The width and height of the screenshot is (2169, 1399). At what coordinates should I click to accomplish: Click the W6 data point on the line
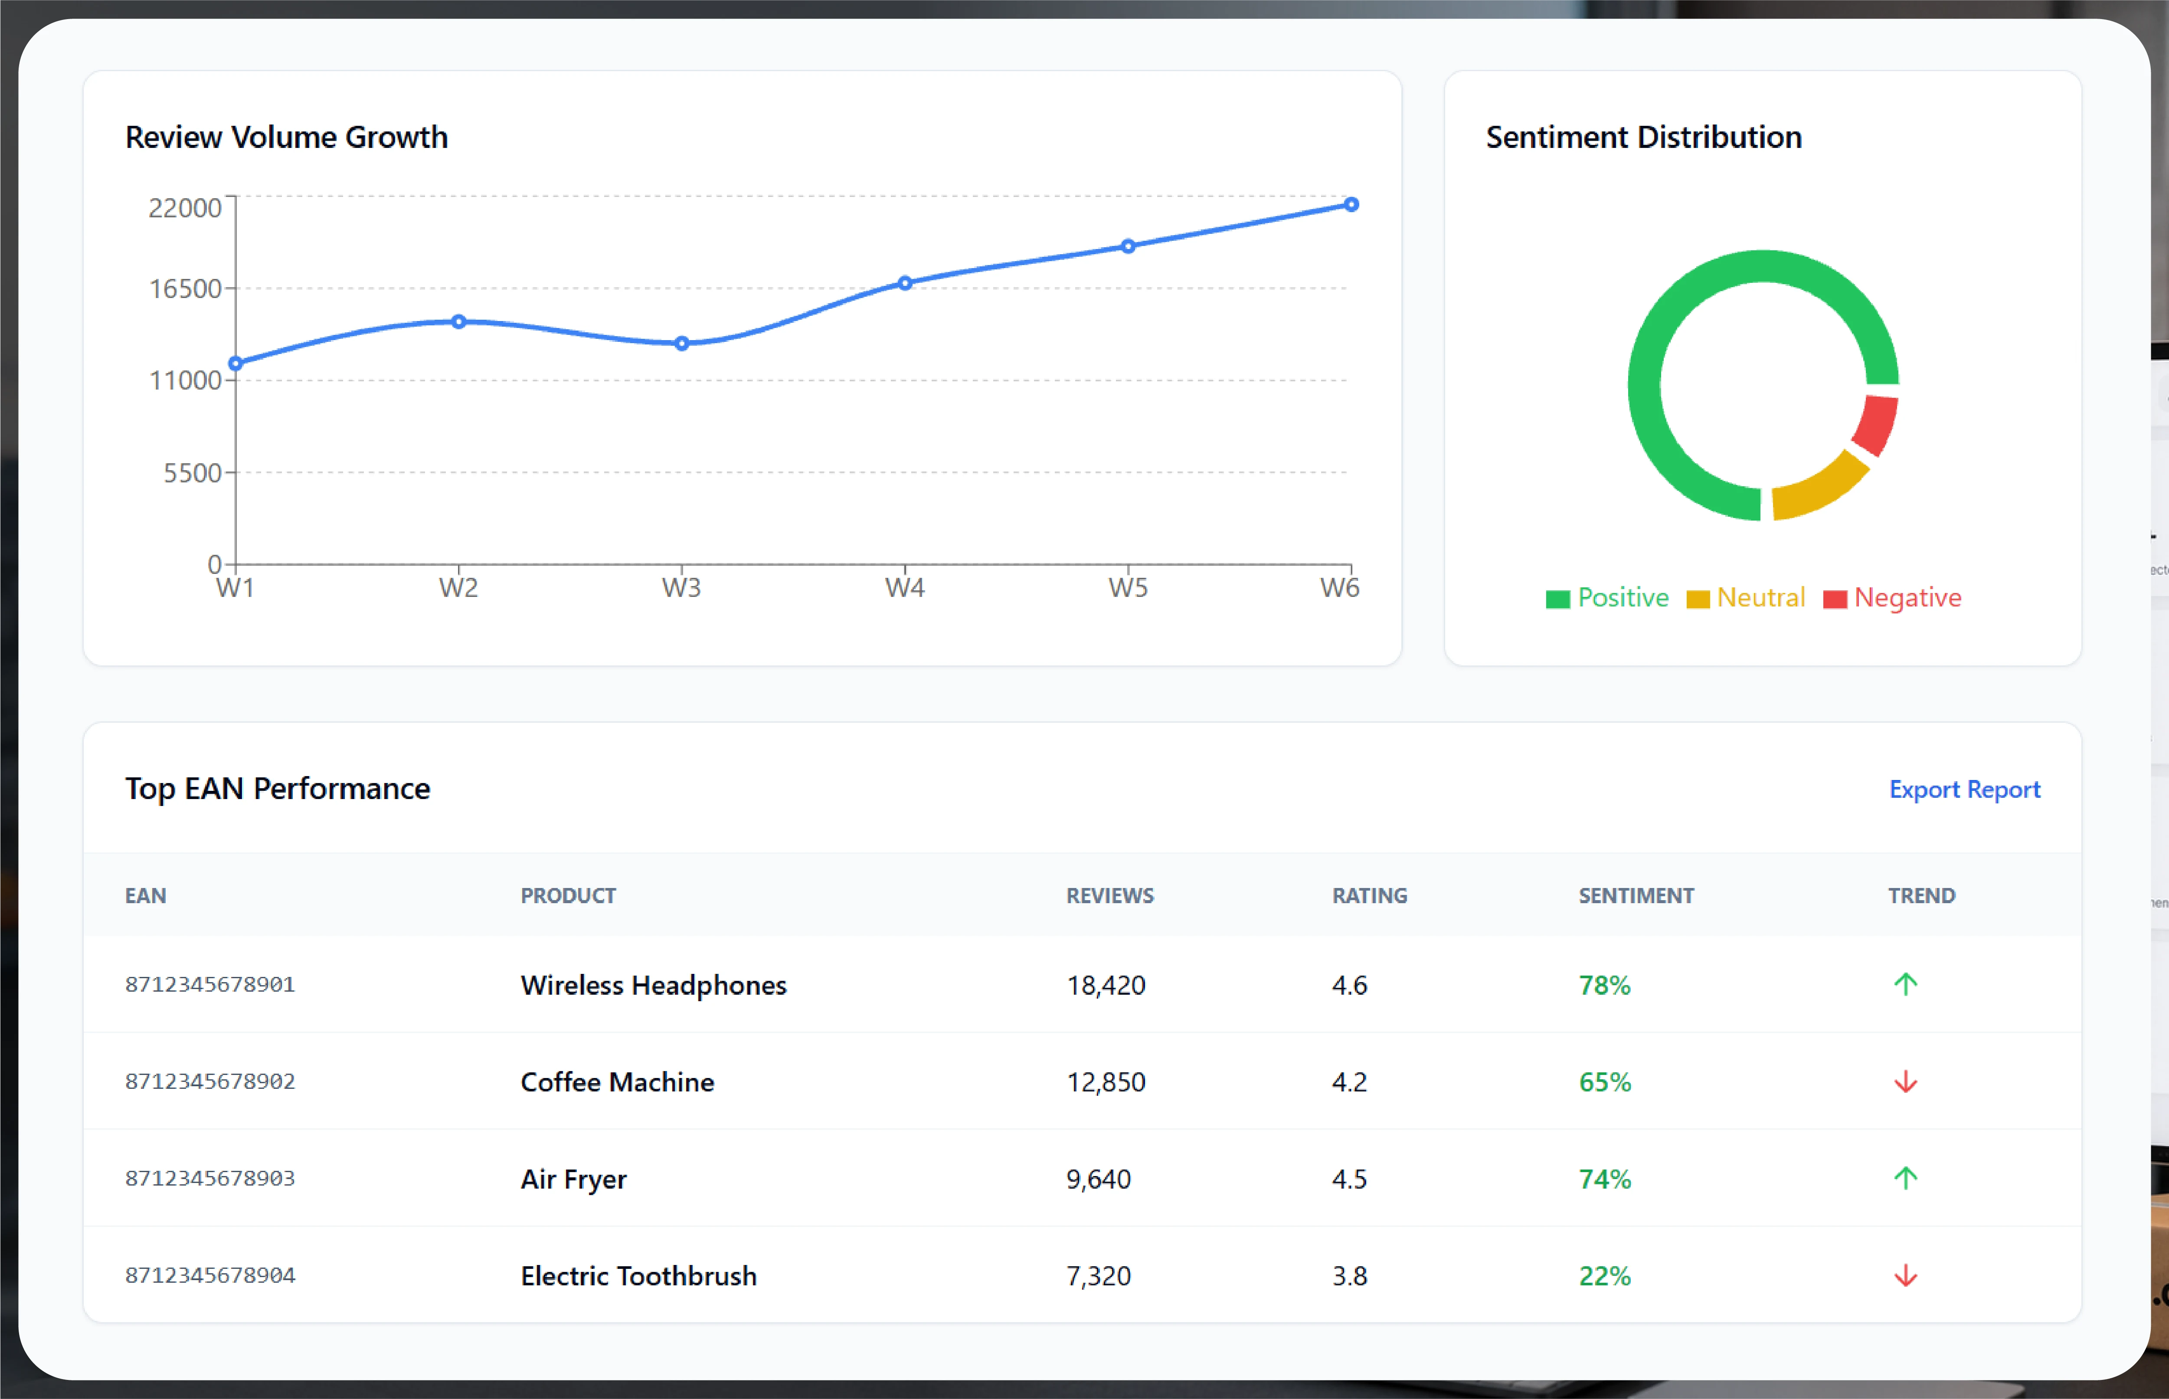1351,204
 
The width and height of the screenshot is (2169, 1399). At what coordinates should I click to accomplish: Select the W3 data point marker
682,344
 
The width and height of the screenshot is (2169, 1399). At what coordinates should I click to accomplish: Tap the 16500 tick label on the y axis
185,289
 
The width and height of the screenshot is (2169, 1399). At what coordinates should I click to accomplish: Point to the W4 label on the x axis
905,588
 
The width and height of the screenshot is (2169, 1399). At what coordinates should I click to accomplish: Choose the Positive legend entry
1608,598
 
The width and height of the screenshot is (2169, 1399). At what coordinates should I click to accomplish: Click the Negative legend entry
1892,598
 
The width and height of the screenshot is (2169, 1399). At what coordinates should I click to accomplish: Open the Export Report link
1965,790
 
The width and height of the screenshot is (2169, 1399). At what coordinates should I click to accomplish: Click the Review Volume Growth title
286,137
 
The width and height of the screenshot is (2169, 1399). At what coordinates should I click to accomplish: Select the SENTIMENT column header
1636,896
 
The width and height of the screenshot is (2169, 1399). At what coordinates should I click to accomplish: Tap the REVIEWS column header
1110,896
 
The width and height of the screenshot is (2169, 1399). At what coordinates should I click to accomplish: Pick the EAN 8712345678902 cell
210,1081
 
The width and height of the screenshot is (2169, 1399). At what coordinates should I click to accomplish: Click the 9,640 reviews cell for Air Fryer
1098,1179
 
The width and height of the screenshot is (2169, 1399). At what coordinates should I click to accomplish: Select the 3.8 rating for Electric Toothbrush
1350,1276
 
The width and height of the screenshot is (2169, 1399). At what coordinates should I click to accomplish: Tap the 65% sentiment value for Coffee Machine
1605,1082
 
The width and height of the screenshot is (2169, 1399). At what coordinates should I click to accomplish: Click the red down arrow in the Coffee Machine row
1906,1082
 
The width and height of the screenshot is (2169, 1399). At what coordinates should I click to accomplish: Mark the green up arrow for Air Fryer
1906,1178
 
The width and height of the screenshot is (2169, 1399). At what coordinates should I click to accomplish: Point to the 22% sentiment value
1605,1276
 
